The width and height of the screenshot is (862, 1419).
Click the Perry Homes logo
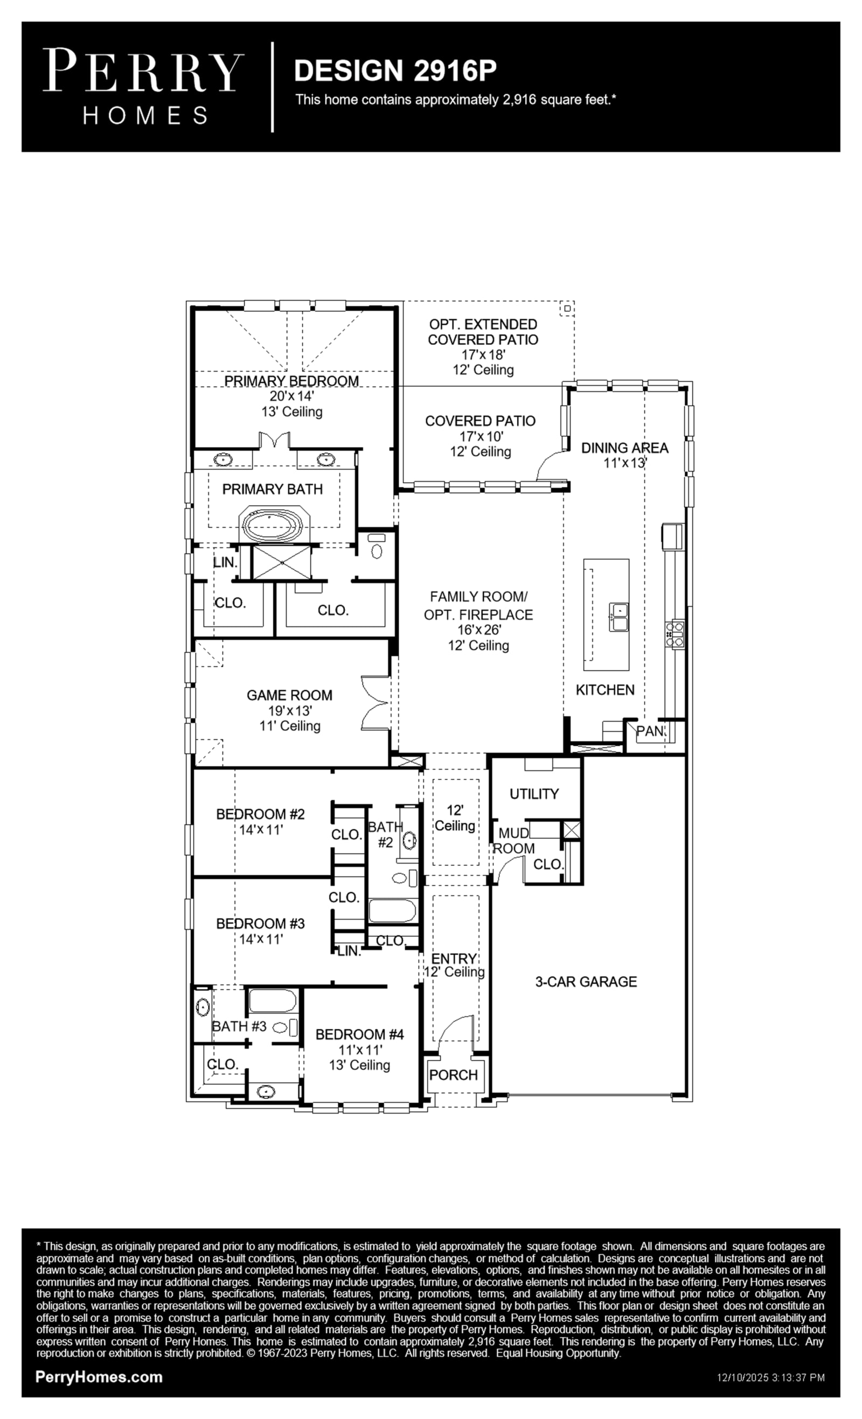[143, 86]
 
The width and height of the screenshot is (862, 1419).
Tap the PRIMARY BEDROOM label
[291, 381]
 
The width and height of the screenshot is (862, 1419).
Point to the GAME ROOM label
[289, 695]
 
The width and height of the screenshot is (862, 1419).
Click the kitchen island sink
[619, 617]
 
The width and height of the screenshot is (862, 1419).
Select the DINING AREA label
[624, 448]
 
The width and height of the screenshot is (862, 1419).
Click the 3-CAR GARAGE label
[586, 981]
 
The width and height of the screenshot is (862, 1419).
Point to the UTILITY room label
[534, 794]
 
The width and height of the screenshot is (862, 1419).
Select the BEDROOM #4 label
[359, 1034]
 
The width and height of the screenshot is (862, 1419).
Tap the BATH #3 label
[239, 1026]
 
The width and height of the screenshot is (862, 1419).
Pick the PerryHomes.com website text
[99, 1377]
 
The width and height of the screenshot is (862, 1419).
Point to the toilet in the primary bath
[377, 547]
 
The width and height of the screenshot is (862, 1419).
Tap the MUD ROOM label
[514, 841]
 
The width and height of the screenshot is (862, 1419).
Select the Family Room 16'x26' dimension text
[479, 630]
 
